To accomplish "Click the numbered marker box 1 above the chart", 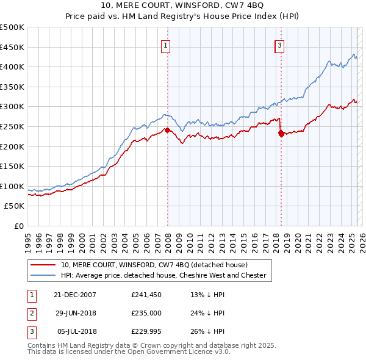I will (x=166, y=45).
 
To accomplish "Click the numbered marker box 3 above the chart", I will (x=279, y=45).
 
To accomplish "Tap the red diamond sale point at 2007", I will (x=167, y=129).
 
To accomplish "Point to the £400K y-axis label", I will (x=12, y=67).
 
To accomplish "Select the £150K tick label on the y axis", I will (x=12, y=166).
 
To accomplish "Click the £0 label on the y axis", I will (x=18, y=226).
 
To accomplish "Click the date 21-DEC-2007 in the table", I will (x=75, y=295).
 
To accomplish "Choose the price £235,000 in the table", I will (x=146, y=313).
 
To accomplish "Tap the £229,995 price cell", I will (x=146, y=331).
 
